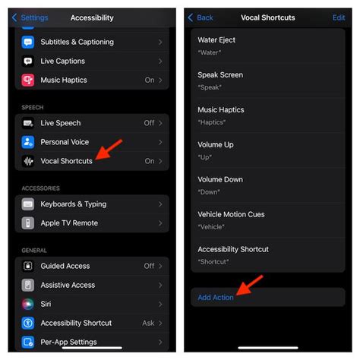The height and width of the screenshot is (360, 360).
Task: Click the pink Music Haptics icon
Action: point(28,80)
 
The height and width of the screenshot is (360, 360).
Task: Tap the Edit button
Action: point(338,17)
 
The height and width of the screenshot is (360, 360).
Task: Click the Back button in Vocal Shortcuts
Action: point(201,17)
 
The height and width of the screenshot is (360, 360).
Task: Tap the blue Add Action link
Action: point(216,297)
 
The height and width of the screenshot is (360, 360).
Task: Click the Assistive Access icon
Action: point(28,285)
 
